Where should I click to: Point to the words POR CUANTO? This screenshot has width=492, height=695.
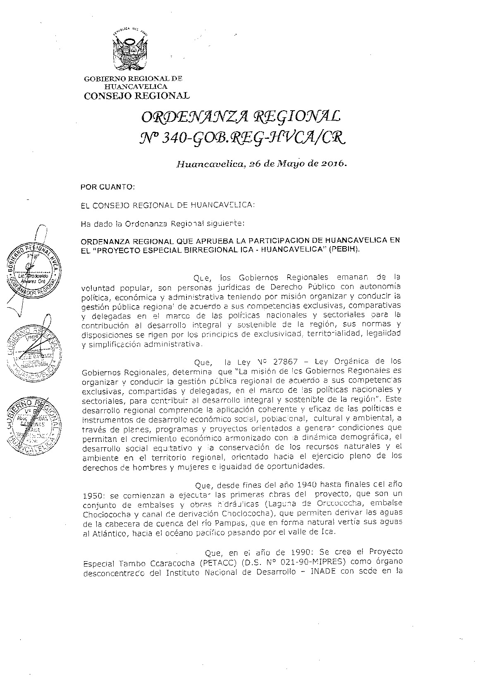[x=107, y=187]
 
